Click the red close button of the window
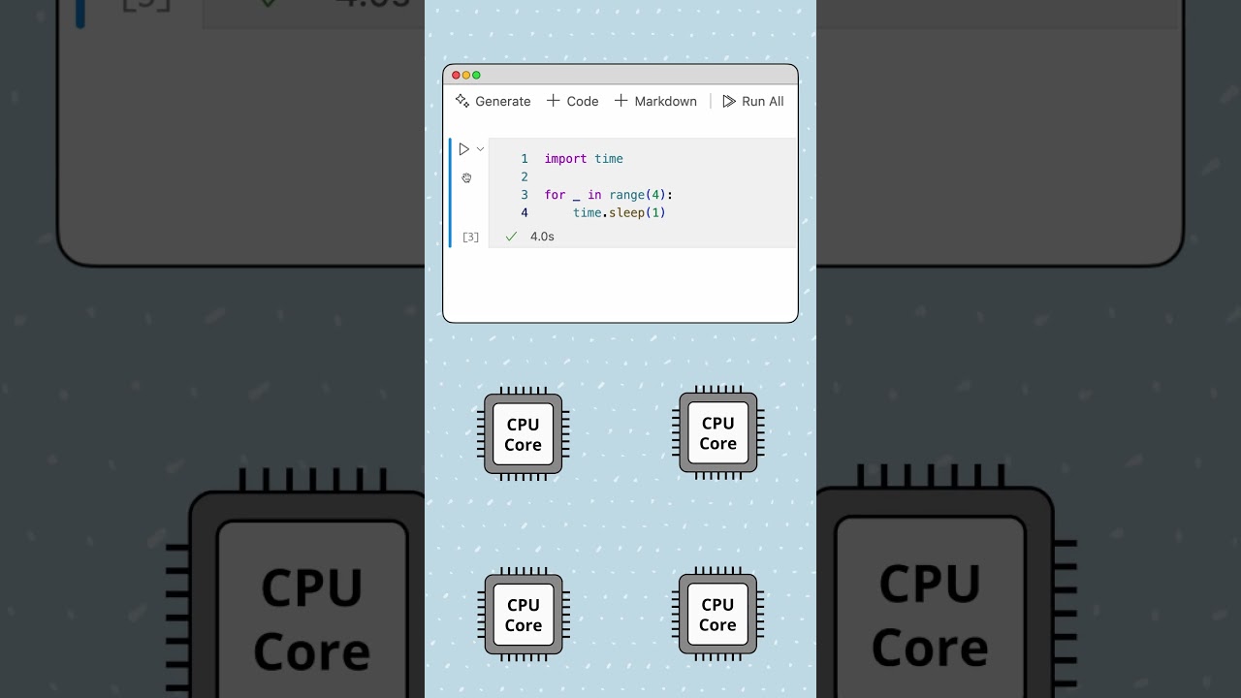[456, 76]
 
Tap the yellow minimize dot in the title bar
[466, 76]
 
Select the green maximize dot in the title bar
[476, 76]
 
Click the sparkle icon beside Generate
[462, 101]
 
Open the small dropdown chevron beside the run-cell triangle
[480, 149]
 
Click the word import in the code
[565, 159]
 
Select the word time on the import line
[609, 159]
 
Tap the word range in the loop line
[626, 195]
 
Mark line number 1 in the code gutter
[525, 159]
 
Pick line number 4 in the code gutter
[525, 213]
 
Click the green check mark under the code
[511, 237]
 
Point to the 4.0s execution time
[542, 237]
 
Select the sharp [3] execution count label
[470, 237]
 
